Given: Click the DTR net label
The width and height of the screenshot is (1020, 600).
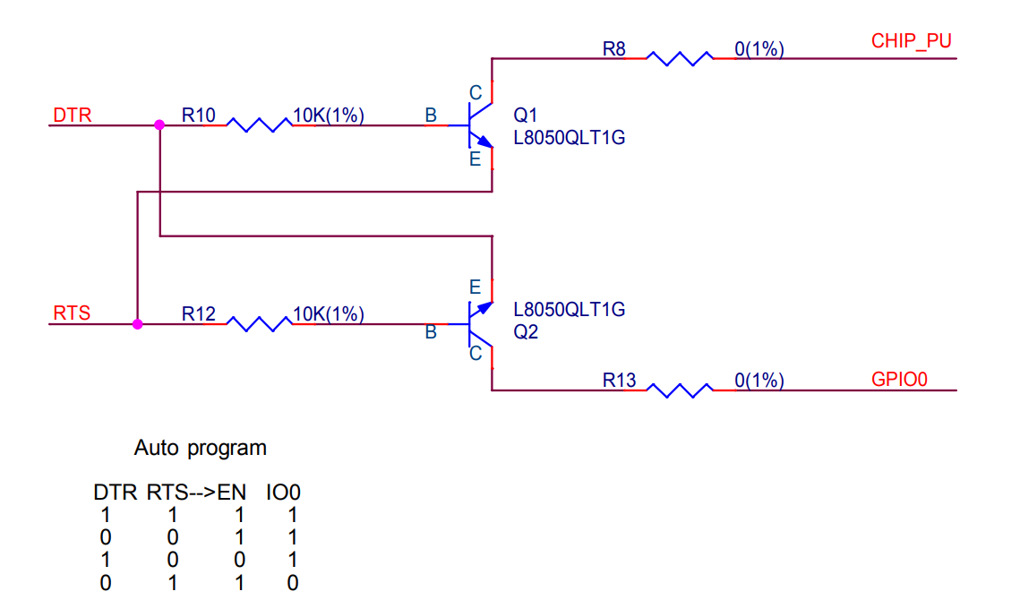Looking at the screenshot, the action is [x=73, y=116].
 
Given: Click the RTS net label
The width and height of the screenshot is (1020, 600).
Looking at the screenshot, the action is [x=72, y=313].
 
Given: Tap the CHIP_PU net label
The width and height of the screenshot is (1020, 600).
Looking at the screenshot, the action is [x=912, y=41].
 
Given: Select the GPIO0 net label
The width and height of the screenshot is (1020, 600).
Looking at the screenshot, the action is [x=899, y=380].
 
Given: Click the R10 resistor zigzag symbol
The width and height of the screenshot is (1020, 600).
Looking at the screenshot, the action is [x=259, y=125].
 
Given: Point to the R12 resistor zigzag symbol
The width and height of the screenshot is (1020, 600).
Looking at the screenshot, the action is [x=259, y=323].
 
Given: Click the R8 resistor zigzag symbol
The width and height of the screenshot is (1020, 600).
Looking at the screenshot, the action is [x=680, y=58].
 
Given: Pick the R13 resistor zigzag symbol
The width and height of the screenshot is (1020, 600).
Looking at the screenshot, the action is [x=680, y=390].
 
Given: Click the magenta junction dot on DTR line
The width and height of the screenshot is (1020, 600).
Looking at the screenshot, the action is [x=159, y=125].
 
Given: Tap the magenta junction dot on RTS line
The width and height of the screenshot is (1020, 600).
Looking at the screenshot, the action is [x=137, y=324].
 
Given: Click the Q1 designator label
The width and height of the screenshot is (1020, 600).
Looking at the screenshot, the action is [x=525, y=116].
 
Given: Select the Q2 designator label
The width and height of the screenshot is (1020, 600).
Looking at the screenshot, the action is [x=526, y=332].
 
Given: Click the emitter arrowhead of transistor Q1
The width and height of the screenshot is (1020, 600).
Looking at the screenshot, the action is [x=484, y=141].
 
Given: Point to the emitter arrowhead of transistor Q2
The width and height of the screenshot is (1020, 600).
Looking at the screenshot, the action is [x=485, y=307].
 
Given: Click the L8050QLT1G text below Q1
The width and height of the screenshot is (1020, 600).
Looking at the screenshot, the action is [x=570, y=138].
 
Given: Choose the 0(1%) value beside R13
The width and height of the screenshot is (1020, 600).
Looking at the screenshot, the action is [x=759, y=380].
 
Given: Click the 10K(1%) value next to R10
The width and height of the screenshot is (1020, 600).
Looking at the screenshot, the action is [x=329, y=116].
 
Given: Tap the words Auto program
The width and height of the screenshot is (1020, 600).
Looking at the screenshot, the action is [x=201, y=449].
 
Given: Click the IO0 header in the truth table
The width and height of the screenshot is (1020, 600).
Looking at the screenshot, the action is [x=283, y=493].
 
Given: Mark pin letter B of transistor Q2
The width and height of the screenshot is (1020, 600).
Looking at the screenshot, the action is [x=431, y=332].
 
